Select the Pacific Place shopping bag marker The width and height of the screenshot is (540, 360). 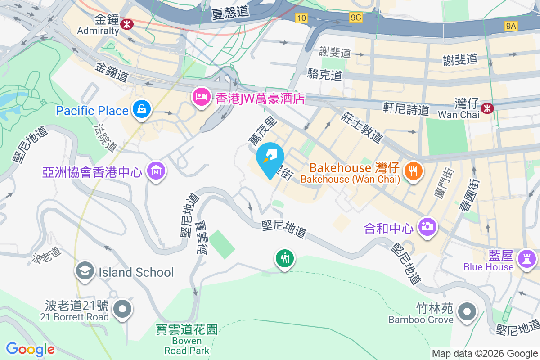point(142,109)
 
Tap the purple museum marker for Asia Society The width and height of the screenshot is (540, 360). point(156,171)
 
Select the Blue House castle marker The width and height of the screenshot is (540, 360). point(526,259)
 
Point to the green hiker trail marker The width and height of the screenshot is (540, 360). point(285,259)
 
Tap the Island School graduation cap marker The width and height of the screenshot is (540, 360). point(85,271)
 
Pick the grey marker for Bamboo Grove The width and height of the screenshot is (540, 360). point(466,311)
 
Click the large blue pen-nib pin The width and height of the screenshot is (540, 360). point(270,158)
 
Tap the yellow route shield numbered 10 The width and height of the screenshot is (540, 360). point(301,18)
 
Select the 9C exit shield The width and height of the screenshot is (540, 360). point(356,18)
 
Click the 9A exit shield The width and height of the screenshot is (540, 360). point(511,26)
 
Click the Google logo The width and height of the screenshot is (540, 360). point(30,349)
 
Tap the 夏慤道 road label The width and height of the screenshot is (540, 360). point(230,12)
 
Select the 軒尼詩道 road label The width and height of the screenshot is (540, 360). point(406,108)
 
